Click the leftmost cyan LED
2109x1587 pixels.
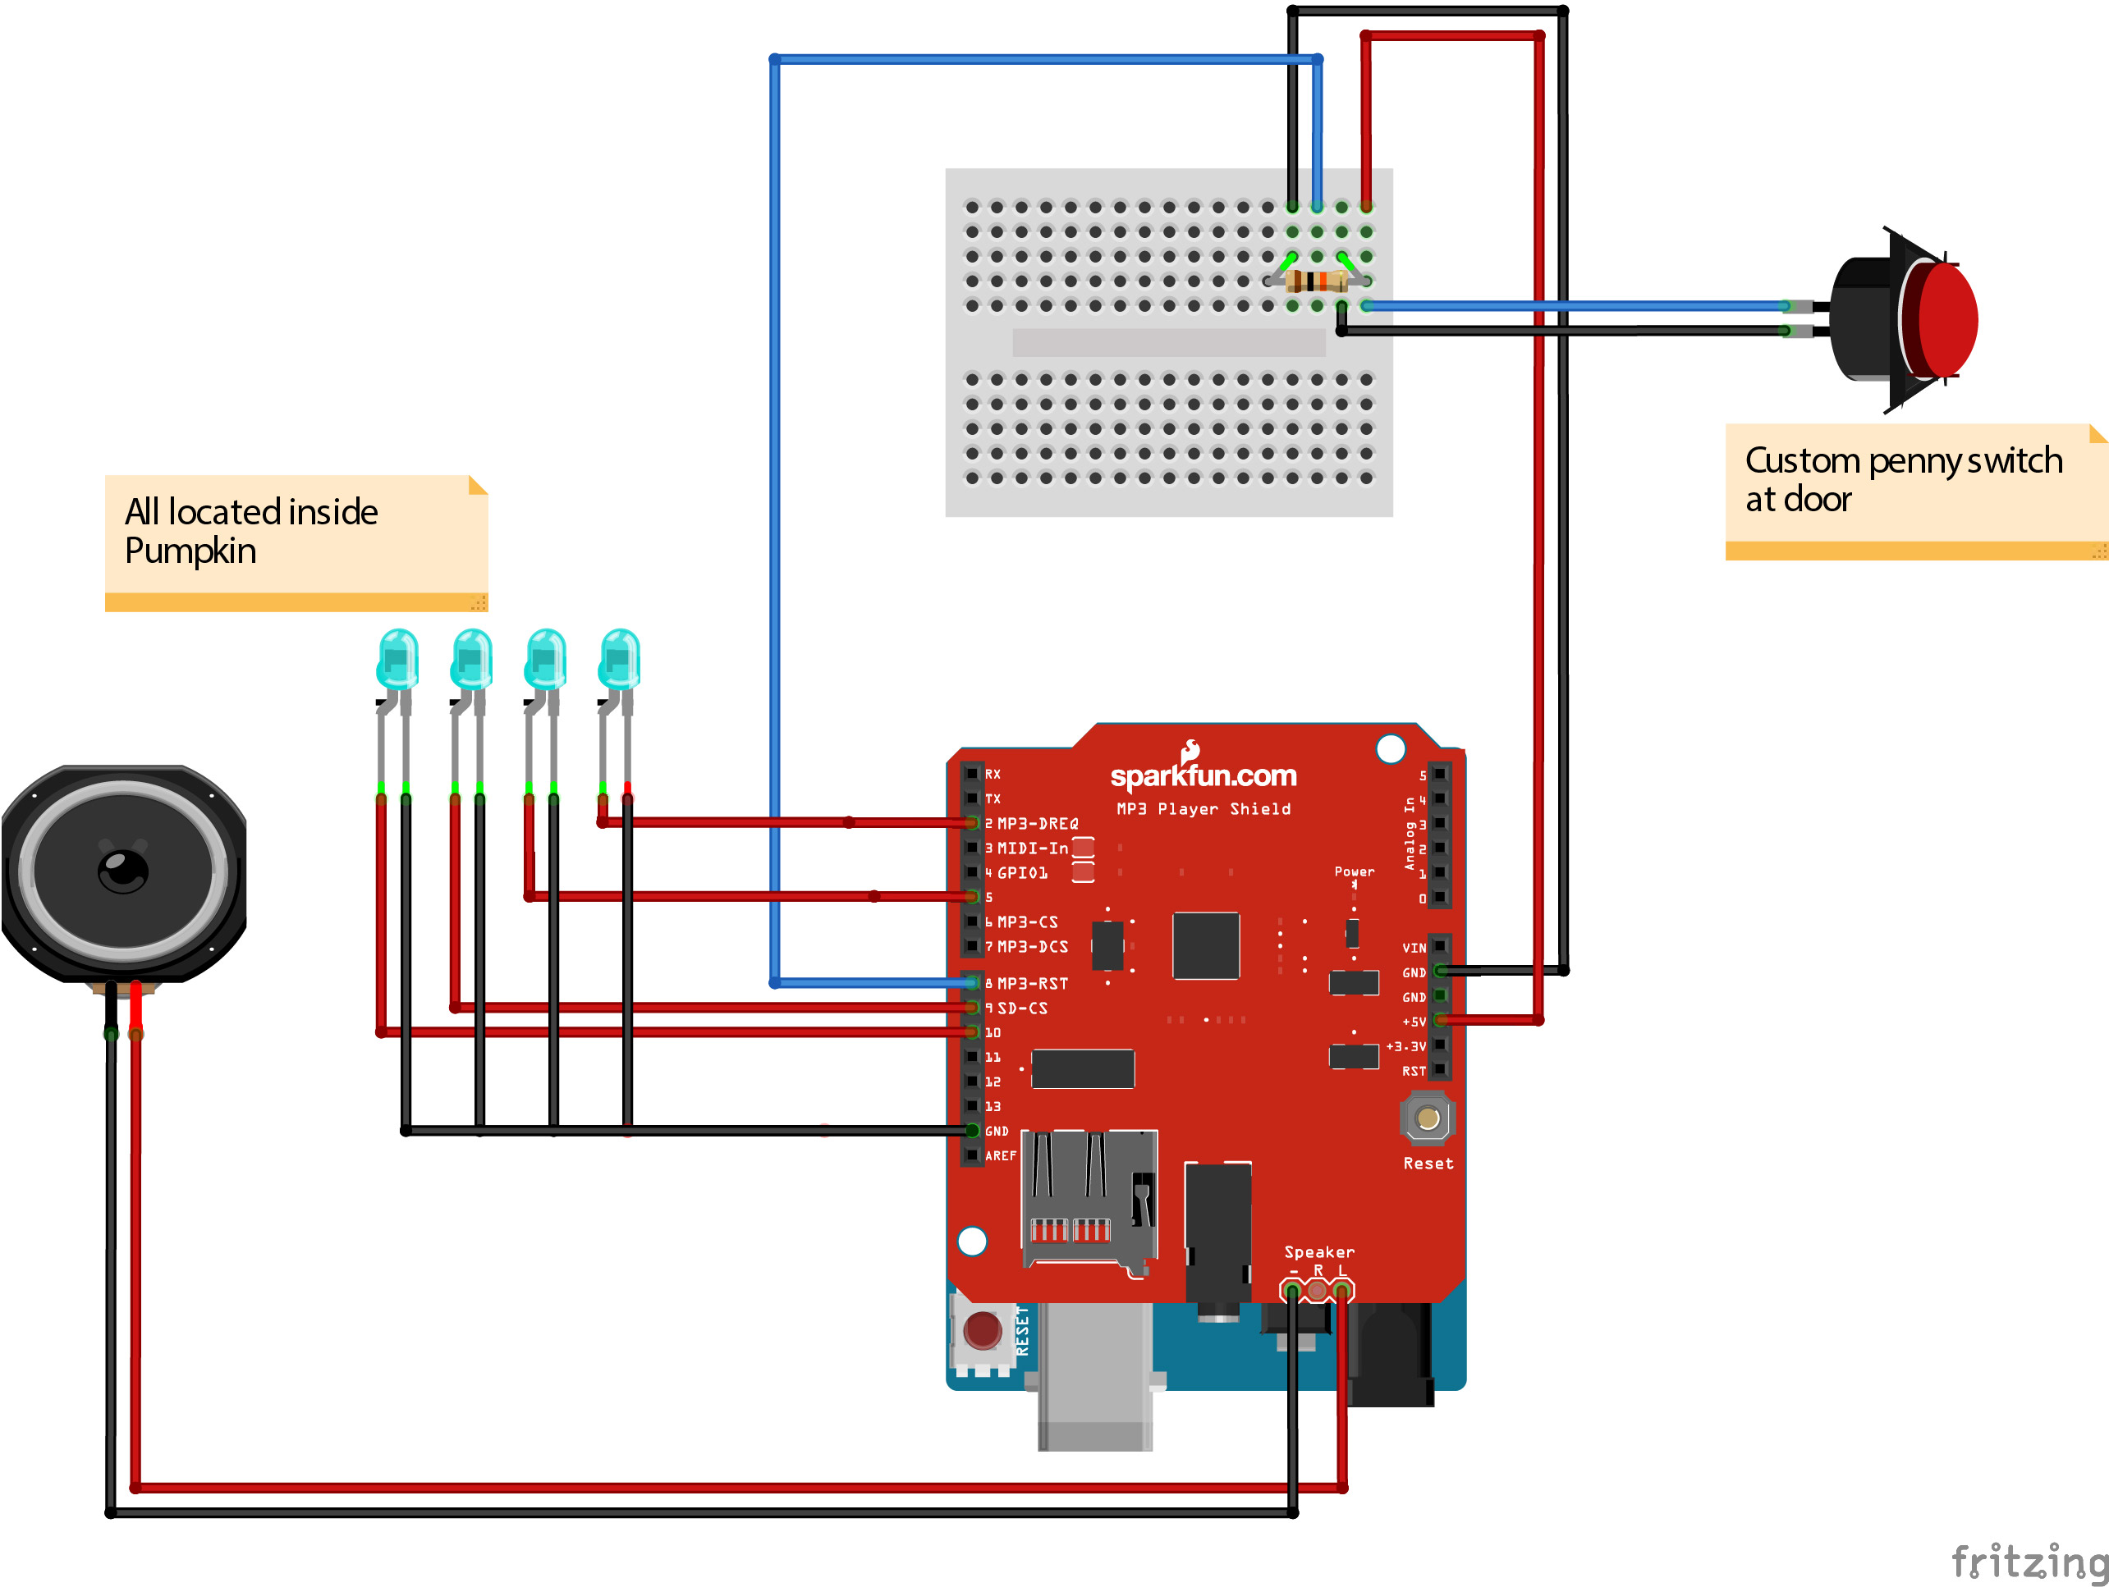397,659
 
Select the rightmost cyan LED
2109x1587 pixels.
619,659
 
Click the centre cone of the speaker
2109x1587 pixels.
123,869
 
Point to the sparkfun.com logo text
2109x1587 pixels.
1204,776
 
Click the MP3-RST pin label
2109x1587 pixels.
1033,983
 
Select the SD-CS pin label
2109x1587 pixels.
1022,1008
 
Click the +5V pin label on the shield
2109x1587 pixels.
1413,1022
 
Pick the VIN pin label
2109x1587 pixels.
1414,948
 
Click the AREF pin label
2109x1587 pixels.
1000,1155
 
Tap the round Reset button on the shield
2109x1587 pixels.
1428,1118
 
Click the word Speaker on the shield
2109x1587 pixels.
1318,1251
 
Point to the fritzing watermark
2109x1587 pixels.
2029,1562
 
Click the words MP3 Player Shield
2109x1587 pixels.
1204,809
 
